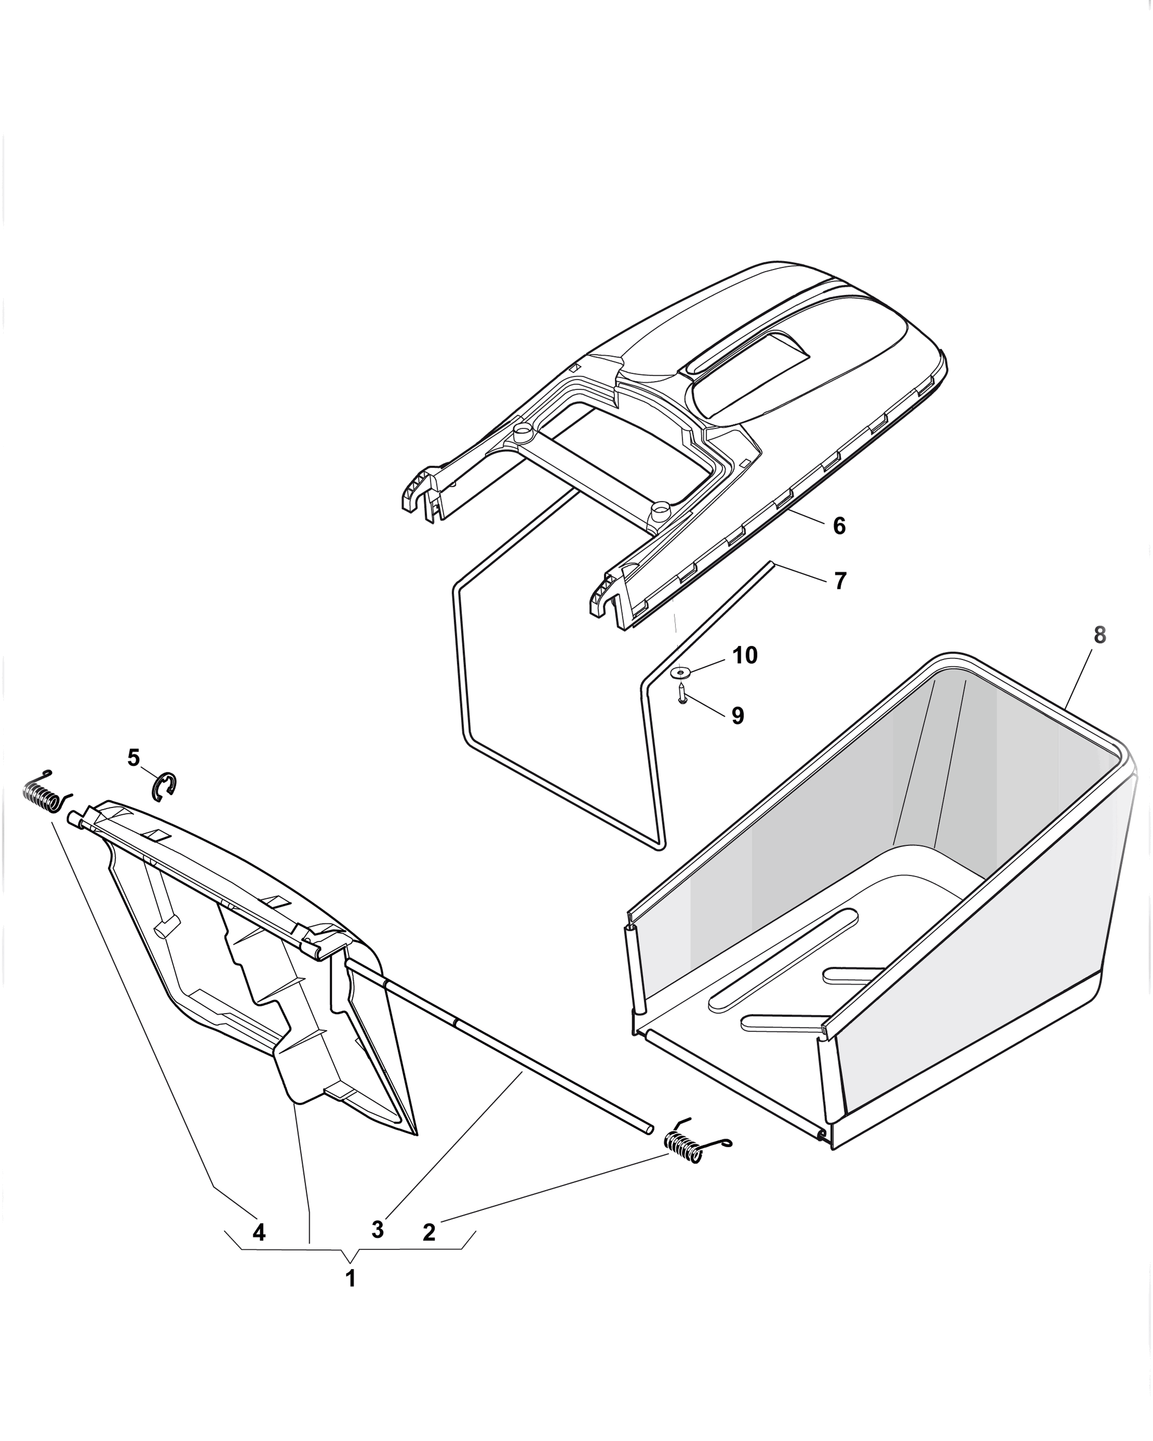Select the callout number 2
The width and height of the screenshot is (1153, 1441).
point(429,1231)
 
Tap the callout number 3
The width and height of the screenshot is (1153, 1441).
point(378,1229)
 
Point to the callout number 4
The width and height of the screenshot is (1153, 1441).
point(258,1231)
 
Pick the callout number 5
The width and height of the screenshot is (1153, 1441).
point(134,757)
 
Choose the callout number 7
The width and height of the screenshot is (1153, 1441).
point(840,580)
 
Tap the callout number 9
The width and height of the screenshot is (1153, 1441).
point(737,716)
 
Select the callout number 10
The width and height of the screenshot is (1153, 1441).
point(745,655)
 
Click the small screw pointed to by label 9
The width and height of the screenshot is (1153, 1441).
point(681,693)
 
